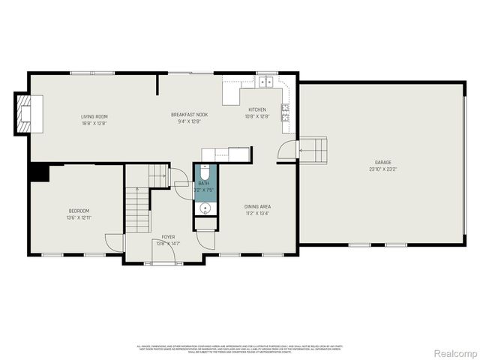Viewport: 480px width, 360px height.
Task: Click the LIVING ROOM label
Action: pos(95,116)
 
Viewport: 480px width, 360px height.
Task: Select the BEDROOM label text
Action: pos(79,211)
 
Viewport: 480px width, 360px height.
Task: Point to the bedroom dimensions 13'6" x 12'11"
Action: pos(79,217)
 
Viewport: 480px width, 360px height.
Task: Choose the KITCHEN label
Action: pos(257,109)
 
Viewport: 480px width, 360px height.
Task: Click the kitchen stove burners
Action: pos(286,112)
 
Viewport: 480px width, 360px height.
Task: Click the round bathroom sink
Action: pos(205,208)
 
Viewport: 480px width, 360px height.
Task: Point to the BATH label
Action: pos(204,184)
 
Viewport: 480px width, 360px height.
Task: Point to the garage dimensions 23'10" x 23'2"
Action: pos(383,169)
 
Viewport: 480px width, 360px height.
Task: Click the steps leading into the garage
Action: pos(314,149)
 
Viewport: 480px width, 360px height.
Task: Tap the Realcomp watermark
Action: pos(455,352)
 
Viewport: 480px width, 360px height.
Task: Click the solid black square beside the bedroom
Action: pos(38,172)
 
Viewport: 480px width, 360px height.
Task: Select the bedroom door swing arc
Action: pos(112,242)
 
